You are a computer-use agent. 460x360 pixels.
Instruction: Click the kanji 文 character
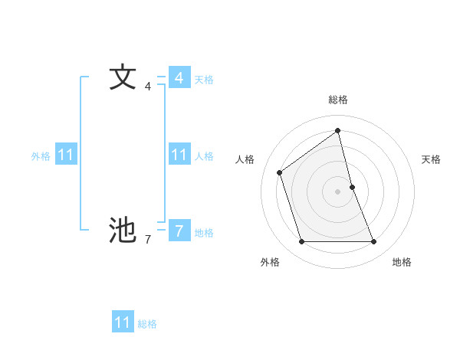(x=122, y=78)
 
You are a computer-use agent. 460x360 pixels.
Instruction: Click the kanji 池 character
(x=122, y=229)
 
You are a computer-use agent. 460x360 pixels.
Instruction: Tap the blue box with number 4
(x=179, y=78)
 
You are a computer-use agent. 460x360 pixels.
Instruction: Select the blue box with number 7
(x=179, y=230)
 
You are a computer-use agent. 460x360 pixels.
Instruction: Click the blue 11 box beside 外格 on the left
(x=65, y=155)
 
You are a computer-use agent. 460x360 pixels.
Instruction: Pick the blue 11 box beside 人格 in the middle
(x=179, y=155)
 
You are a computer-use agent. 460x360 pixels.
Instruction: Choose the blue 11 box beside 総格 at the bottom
(x=123, y=322)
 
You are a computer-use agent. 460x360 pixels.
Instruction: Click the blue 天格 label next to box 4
(x=204, y=80)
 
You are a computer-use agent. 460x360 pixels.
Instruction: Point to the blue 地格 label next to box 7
(x=204, y=233)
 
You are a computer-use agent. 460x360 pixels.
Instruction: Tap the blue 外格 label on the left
(x=41, y=156)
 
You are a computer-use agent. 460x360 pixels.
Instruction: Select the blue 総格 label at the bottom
(x=147, y=324)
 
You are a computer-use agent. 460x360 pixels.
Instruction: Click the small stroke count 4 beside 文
(x=148, y=87)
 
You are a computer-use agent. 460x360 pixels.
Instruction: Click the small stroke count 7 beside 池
(x=148, y=240)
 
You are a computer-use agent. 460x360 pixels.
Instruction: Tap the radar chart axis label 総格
(x=338, y=100)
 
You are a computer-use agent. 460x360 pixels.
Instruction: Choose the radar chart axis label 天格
(x=431, y=159)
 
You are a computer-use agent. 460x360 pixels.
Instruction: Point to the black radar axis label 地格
(x=402, y=262)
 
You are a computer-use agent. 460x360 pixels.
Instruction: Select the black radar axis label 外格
(x=270, y=262)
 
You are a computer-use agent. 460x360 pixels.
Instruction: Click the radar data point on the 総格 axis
(x=338, y=130)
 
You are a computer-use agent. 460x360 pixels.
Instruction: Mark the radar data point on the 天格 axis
(x=352, y=186)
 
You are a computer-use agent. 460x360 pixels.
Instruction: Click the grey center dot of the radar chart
(x=338, y=191)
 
